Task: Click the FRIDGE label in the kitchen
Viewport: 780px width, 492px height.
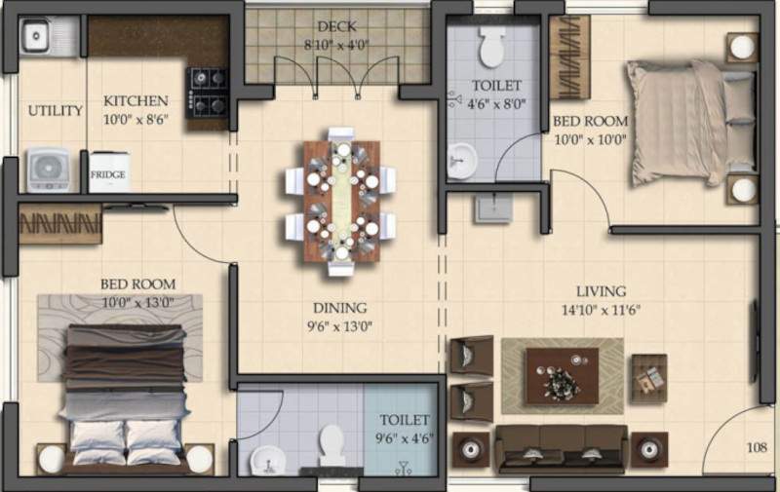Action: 108,175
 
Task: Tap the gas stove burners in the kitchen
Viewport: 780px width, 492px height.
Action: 208,91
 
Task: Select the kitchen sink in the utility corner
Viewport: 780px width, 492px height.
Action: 36,37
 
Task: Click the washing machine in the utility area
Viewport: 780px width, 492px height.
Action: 48,170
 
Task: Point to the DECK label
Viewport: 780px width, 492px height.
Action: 335,25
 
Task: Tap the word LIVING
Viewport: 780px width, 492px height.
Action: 601,291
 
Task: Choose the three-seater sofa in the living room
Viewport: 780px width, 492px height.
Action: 561,449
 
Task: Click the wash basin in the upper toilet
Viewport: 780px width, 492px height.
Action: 462,161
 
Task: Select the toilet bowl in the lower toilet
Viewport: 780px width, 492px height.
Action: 331,446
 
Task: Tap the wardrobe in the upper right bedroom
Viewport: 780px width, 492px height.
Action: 569,57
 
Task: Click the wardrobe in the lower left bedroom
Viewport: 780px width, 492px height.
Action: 60,225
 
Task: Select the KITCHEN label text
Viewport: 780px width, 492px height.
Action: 136,100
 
